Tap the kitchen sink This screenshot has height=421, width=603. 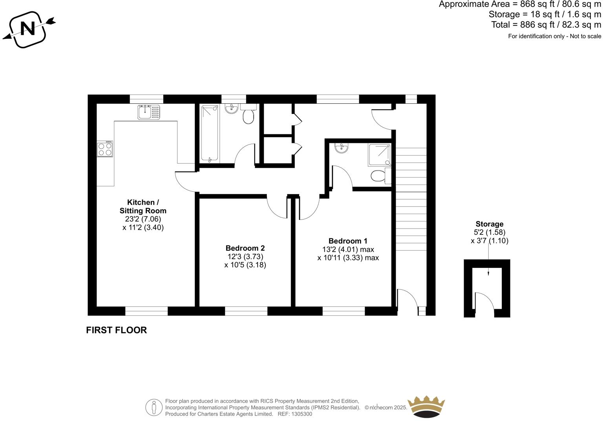[149, 112]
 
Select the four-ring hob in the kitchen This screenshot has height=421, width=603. [105, 149]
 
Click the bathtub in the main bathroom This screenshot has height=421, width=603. [210, 133]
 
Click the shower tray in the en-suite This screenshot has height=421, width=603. [380, 155]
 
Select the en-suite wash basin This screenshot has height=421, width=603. [342, 148]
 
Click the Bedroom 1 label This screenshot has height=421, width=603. [348, 241]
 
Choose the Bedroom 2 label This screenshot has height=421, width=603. [245, 248]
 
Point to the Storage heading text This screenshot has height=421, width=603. [489, 224]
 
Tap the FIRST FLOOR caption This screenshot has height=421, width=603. [116, 330]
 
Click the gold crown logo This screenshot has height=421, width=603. [426, 407]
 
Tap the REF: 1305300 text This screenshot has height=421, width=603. [295, 414]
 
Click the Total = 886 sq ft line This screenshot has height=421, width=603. [546, 25]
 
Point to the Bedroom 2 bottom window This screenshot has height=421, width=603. [246, 311]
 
